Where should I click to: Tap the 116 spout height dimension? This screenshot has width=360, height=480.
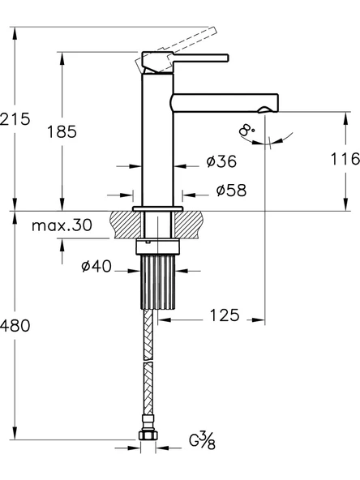[345, 159]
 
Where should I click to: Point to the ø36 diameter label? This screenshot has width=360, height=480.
[221, 163]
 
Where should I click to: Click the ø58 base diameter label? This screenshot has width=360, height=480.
[230, 191]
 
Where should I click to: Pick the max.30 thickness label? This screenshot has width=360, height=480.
[61, 225]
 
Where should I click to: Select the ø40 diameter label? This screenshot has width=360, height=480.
[96, 267]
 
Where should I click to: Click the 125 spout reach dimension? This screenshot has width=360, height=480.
[222, 315]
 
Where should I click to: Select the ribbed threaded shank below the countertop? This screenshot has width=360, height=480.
[158, 280]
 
